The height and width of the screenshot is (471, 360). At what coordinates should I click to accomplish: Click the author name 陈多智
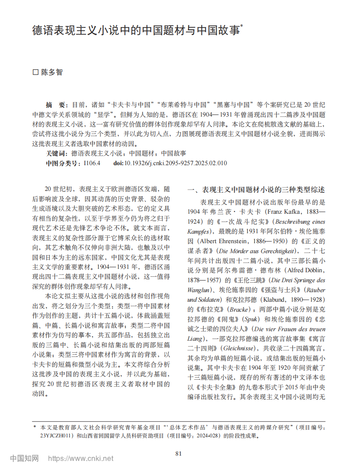pyautogui.click(x=52, y=72)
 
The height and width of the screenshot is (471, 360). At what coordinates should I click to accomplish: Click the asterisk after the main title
pyautogui.click(x=242, y=27)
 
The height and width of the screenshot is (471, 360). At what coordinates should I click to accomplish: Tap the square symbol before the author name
pyautogui.click(x=35, y=72)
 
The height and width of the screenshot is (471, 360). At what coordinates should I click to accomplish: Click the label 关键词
pyautogui.click(x=56, y=154)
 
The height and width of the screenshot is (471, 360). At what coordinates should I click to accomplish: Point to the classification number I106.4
pyautogui.click(x=92, y=163)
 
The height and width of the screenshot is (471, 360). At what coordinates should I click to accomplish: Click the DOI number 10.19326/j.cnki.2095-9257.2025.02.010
pyautogui.click(x=175, y=163)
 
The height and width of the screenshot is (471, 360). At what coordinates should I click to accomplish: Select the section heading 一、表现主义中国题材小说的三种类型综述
pyautogui.click(x=256, y=190)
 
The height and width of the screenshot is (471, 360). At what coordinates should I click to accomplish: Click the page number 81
pyautogui.click(x=179, y=453)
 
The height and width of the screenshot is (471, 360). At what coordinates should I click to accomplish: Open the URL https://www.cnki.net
pyautogui.click(x=81, y=459)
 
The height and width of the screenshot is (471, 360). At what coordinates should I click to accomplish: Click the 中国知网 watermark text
pyautogui.click(x=24, y=459)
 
